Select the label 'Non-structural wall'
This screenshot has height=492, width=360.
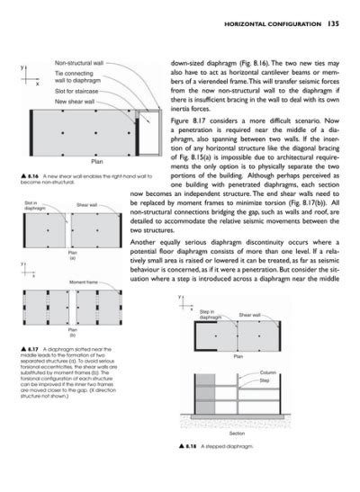click(78, 64)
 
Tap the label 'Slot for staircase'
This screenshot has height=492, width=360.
click(77, 92)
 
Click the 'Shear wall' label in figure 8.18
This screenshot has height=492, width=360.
click(250, 315)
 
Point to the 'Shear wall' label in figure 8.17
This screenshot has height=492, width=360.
click(87, 206)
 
